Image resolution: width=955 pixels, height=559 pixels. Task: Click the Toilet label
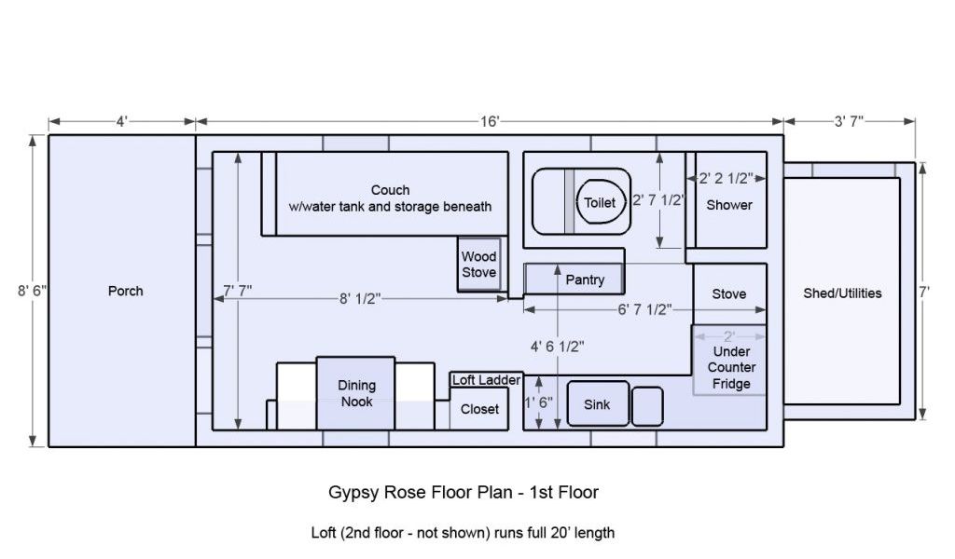pyautogui.click(x=600, y=202)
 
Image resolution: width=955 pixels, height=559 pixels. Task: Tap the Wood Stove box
pyautogui.click(x=479, y=264)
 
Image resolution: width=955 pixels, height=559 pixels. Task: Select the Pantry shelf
pyautogui.click(x=574, y=279)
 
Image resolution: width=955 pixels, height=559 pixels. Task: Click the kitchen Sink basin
pyautogui.click(x=598, y=404)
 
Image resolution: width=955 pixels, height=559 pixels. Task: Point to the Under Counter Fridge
pyautogui.click(x=729, y=361)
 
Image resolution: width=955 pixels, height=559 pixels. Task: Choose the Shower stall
pyautogui.click(x=730, y=200)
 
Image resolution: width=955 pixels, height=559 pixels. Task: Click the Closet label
pyautogui.click(x=479, y=409)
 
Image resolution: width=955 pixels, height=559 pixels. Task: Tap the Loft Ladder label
pyautogui.click(x=486, y=380)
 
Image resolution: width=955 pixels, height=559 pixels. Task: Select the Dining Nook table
pyautogui.click(x=355, y=393)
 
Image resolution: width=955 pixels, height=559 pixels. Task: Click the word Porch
pyautogui.click(x=126, y=291)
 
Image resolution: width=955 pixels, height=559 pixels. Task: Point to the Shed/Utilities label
pyautogui.click(x=842, y=293)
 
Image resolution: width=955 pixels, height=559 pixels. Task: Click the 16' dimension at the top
pyautogui.click(x=490, y=122)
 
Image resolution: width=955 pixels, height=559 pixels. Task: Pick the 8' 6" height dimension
pyautogui.click(x=32, y=291)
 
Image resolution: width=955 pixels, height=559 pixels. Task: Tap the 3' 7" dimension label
pyautogui.click(x=849, y=122)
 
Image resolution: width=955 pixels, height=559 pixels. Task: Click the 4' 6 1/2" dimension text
pyautogui.click(x=558, y=347)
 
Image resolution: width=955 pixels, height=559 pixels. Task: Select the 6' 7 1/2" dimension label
pyautogui.click(x=644, y=309)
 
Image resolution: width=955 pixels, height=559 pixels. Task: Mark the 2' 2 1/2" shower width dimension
pyautogui.click(x=726, y=178)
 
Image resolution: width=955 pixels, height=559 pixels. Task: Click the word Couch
pyautogui.click(x=391, y=190)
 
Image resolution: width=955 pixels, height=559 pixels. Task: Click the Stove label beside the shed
pyautogui.click(x=729, y=293)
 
